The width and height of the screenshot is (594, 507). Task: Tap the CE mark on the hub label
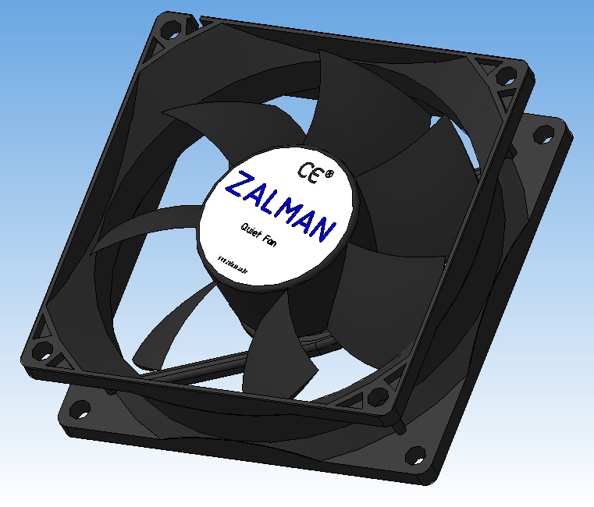[308, 170]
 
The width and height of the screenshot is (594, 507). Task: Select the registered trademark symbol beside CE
[329, 175]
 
